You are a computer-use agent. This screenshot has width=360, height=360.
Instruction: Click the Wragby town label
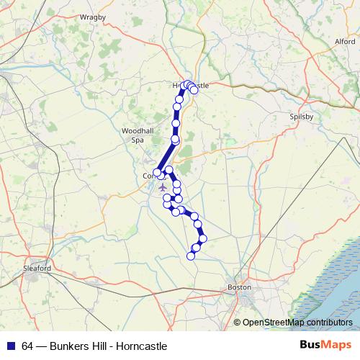pyautogui.click(x=93, y=16)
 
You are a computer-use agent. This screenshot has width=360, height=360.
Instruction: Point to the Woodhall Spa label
pyautogui.click(x=133, y=135)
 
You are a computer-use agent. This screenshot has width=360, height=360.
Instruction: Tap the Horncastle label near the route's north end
pyautogui.click(x=191, y=86)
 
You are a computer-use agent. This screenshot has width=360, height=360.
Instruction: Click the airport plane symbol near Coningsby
pyautogui.click(x=162, y=187)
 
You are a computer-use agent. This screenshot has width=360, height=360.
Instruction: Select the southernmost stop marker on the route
pyautogui.click(x=191, y=256)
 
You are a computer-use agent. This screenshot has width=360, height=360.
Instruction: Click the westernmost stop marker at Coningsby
pyautogui.click(x=157, y=172)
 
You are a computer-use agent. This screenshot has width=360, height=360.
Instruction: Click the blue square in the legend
pyautogui.click(x=11, y=346)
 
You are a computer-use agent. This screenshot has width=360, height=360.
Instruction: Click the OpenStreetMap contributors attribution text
pyautogui.click(x=297, y=322)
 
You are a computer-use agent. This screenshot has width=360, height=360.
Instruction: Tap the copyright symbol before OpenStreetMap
pyautogui.click(x=237, y=322)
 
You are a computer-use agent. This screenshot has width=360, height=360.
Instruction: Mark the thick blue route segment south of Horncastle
pyautogui.click(x=176, y=115)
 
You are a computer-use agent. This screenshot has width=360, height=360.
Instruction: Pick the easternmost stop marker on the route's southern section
pyautogui.click(x=203, y=238)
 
